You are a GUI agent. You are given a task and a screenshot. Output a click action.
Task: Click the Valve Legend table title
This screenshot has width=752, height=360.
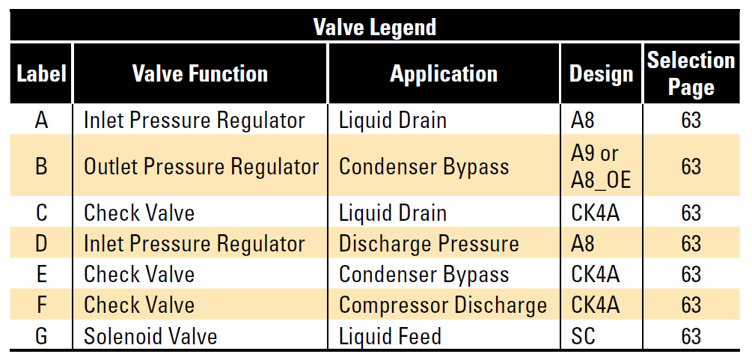tap(375, 27)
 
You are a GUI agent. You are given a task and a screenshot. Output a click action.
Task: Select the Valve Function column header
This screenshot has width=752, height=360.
tap(200, 74)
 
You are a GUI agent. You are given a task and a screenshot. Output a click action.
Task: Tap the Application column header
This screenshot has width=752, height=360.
tap(444, 74)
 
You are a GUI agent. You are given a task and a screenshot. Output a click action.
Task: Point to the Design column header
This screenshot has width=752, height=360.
tap(602, 74)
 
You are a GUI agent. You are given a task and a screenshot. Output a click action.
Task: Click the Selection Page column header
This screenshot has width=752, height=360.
tap(691, 73)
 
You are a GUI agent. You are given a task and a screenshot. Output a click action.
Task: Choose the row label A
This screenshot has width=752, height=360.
tap(42, 120)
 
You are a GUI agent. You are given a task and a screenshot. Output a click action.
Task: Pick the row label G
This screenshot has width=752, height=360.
tap(42, 336)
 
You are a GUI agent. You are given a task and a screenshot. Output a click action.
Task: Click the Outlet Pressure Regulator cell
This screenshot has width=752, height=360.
tap(201, 167)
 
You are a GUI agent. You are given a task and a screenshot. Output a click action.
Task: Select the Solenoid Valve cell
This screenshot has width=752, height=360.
tap(150, 336)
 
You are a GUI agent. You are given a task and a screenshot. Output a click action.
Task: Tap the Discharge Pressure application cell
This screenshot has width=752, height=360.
tap(429, 243)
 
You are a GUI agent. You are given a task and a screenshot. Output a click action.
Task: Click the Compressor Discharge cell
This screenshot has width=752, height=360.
tap(443, 305)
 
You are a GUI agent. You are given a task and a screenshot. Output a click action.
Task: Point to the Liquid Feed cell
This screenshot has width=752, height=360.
tap(390, 336)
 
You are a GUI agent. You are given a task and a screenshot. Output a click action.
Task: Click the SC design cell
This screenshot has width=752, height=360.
tap(583, 336)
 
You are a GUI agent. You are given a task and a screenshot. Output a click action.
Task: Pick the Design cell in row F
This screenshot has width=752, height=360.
tap(595, 305)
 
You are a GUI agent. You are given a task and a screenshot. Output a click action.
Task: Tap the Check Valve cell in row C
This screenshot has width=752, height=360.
tap(139, 213)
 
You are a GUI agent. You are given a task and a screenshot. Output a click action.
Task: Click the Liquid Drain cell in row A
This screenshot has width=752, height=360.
tap(393, 120)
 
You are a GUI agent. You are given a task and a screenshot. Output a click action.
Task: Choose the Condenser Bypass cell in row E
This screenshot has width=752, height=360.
tap(424, 275)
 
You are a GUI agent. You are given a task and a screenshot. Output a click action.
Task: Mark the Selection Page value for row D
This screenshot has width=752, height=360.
tap(691, 243)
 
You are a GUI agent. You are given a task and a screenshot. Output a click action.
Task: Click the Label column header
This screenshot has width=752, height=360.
tap(41, 74)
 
